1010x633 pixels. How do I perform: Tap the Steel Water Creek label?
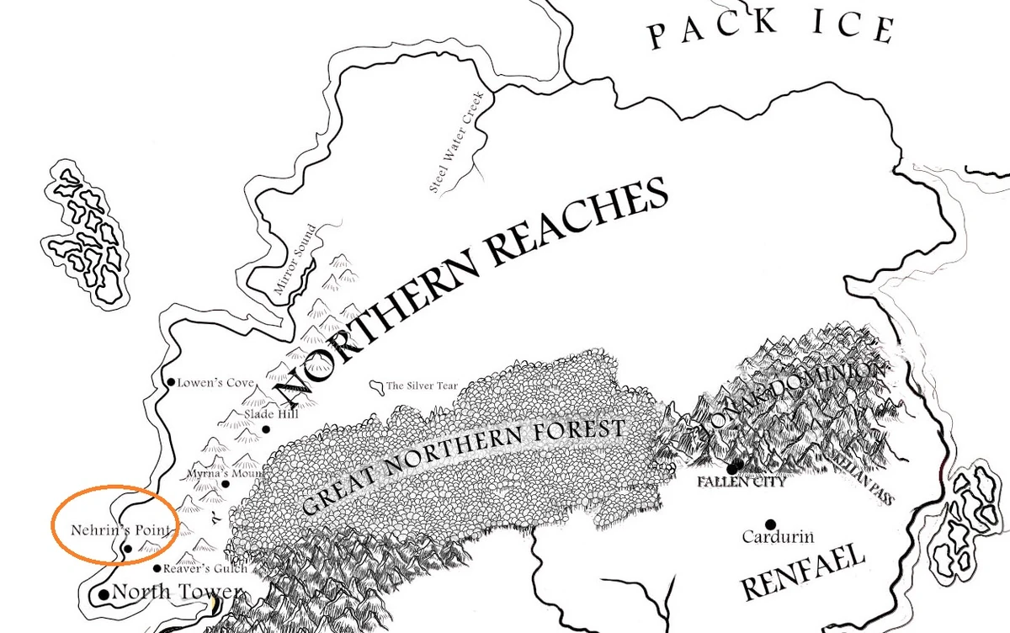pyautogui.click(x=454, y=141)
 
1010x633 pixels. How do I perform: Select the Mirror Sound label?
pyautogui.click(x=295, y=260)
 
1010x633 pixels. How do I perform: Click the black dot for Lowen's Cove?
pyautogui.click(x=172, y=383)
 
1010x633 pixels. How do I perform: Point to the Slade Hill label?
pyautogui.click(x=270, y=413)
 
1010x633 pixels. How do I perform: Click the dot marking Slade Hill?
pyautogui.click(x=266, y=429)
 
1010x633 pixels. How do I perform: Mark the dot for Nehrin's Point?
pyautogui.click(x=127, y=548)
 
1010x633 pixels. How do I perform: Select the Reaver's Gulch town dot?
pyautogui.click(x=157, y=569)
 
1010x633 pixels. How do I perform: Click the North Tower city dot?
pyautogui.click(x=104, y=594)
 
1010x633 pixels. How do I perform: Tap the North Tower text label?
pyautogui.click(x=177, y=592)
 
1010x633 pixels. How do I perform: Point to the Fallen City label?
pyautogui.click(x=741, y=483)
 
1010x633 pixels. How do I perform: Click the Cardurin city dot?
pyautogui.click(x=769, y=524)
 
